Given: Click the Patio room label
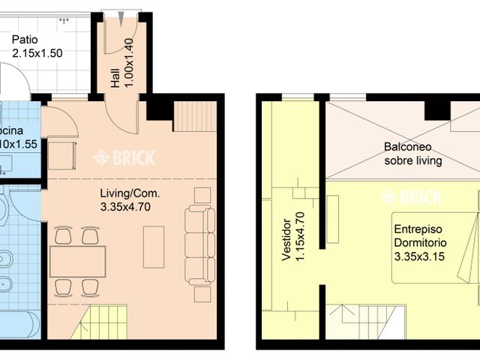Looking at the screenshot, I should [25, 40].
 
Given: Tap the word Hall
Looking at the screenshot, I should [115, 79].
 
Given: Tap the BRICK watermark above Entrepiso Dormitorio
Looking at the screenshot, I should [412, 197].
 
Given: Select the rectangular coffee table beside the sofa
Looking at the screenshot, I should [154, 247].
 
